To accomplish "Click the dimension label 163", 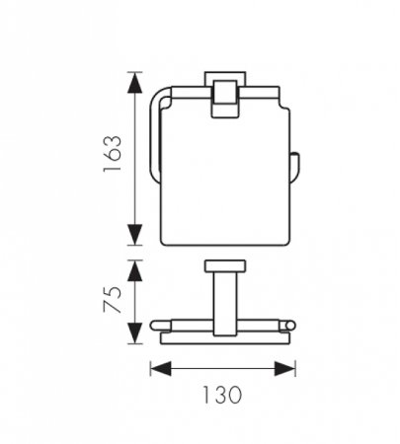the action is tap(112, 153).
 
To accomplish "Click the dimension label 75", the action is tap(112, 299).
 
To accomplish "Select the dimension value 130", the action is tap(222, 395).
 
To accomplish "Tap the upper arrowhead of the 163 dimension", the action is tap(135, 83).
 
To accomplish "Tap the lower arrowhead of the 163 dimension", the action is tap(135, 234).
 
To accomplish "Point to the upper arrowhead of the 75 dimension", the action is tap(135, 270).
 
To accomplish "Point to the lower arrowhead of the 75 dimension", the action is tap(135, 333).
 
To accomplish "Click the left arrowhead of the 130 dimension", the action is tap(161, 369).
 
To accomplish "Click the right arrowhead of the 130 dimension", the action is tap(285, 369).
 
